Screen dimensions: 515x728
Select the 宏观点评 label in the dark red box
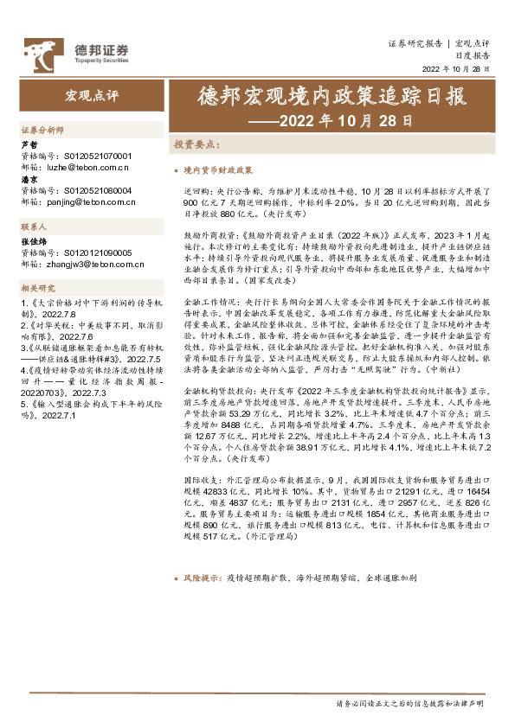93,93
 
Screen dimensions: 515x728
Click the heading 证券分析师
42,129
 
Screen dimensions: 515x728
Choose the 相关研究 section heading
37,287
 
